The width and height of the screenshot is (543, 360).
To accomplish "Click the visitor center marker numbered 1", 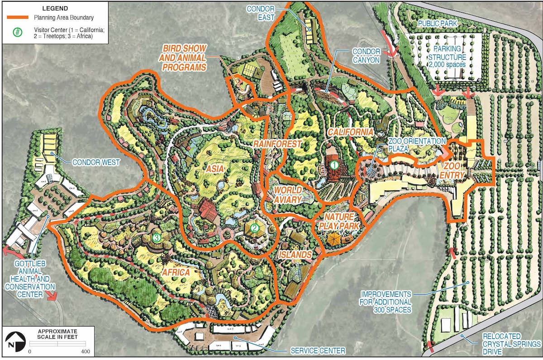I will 334,165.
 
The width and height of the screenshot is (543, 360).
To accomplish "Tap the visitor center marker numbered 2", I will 255,228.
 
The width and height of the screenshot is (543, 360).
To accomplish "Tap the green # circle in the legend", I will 17,33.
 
